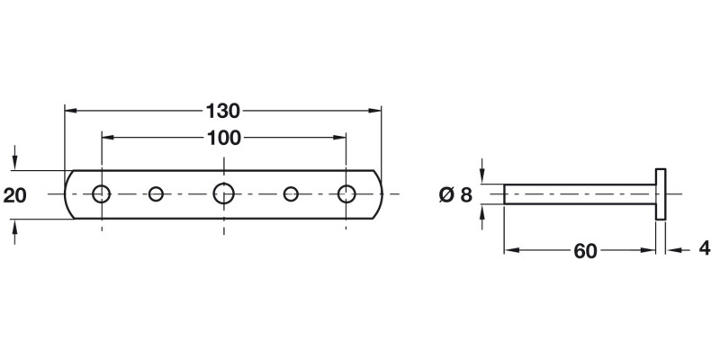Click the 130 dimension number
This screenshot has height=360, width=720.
222,111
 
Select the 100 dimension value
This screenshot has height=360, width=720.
222,138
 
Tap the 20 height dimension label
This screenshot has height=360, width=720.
15,193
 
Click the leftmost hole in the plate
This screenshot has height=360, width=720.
102,193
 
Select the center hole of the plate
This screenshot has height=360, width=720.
223,193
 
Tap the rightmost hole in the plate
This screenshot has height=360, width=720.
346,193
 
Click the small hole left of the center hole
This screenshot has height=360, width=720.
157,193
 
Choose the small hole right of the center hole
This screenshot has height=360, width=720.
291,193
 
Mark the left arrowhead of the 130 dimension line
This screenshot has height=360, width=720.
70,111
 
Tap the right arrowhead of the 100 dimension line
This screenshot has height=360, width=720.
341,138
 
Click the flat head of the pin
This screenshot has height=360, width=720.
661,193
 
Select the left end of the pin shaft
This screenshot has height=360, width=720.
505,193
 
